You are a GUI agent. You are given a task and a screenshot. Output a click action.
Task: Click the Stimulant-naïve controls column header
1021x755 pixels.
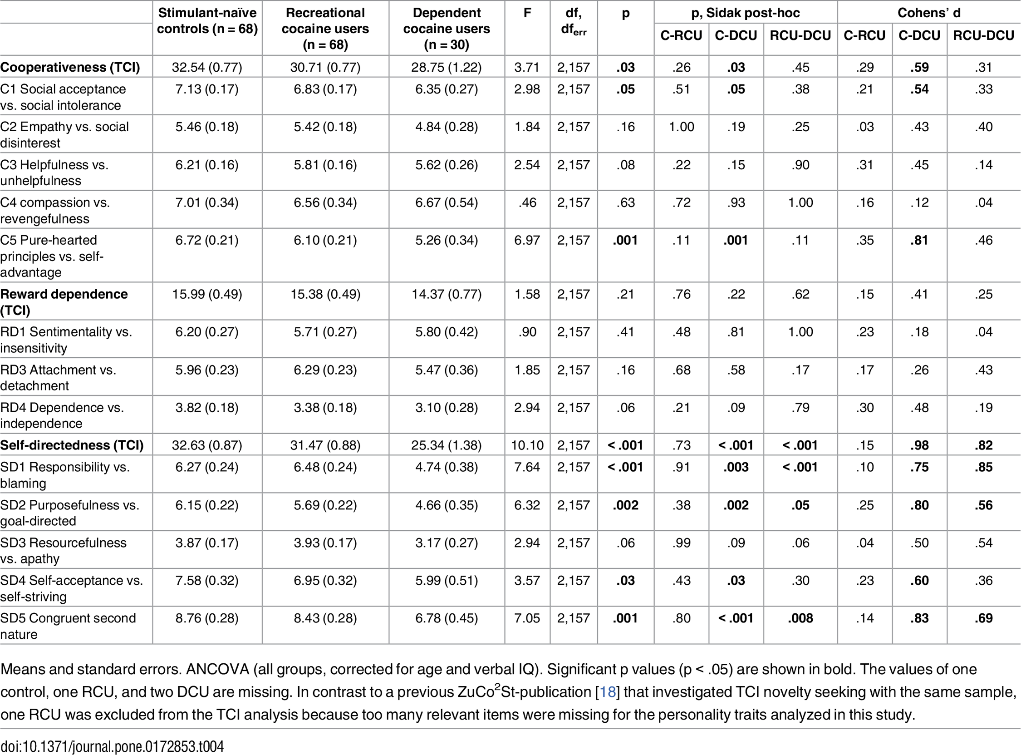[207, 21]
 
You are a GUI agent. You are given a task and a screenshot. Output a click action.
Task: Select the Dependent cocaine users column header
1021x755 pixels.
[447, 28]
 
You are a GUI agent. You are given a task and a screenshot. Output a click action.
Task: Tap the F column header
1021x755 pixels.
[527, 13]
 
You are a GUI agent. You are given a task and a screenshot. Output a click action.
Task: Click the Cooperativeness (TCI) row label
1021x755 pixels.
[70, 67]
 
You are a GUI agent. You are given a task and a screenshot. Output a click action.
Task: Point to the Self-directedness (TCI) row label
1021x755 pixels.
[72, 445]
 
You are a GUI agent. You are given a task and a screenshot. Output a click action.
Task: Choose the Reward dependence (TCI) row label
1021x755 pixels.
[64, 302]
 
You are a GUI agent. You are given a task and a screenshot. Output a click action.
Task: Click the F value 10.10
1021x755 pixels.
[527, 445]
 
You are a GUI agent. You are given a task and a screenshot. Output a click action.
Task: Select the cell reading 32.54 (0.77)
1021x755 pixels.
[207, 67]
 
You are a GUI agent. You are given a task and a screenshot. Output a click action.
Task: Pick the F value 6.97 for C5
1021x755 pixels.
[527, 241]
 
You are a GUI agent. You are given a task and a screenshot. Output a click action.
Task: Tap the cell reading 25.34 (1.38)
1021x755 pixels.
[447, 445]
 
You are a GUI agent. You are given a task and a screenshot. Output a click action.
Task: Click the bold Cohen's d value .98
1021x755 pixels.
[920, 445]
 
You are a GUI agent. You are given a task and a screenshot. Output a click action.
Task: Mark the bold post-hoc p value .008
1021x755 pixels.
[800, 618]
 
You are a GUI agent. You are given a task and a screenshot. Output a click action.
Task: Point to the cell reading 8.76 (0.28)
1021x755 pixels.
[207, 618]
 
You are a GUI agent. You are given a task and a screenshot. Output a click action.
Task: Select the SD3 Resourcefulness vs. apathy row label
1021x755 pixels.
[64, 551]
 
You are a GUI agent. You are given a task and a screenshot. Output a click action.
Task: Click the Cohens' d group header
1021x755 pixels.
[929, 13]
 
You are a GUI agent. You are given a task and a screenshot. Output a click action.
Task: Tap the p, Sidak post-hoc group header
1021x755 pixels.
[746, 13]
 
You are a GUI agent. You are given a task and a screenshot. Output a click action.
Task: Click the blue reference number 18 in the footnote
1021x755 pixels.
[607, 692]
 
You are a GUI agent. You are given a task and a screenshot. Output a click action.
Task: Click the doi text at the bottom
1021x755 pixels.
[112, 746]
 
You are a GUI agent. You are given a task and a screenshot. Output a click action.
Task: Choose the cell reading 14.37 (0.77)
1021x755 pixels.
[447, 294]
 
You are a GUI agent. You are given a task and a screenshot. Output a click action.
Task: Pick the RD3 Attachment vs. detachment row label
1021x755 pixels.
[59, 378]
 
